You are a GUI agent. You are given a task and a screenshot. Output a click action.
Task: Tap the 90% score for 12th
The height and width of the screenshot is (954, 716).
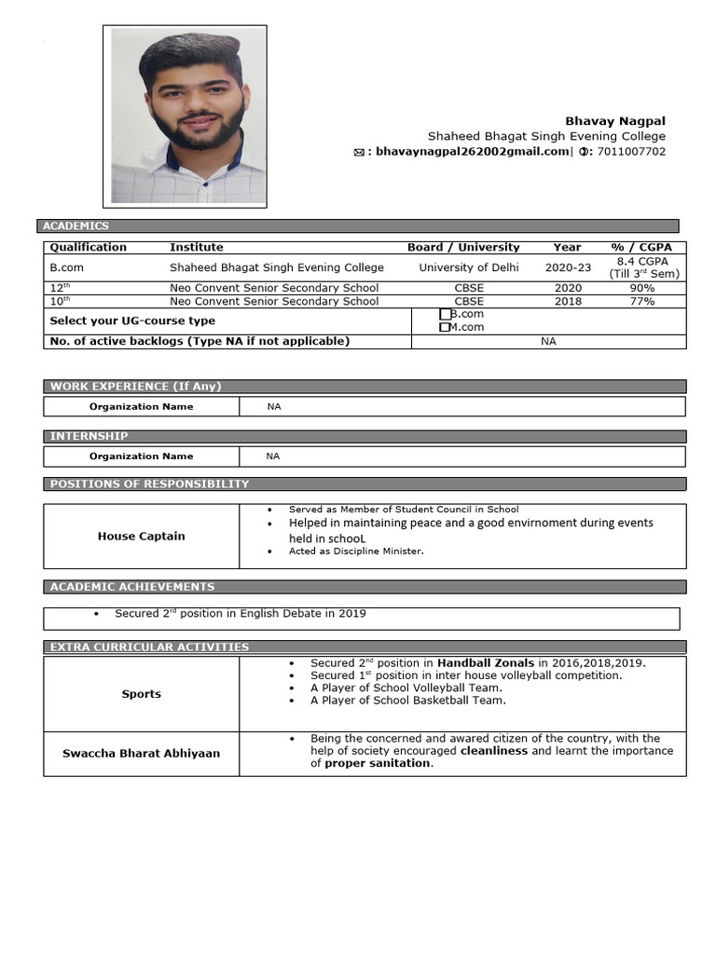642,288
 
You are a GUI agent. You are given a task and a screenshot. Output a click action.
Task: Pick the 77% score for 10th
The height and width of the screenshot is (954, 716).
642,301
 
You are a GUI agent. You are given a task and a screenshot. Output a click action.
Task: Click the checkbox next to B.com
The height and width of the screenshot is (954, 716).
445,315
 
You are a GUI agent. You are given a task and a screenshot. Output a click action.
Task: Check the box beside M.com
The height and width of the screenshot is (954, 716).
445,327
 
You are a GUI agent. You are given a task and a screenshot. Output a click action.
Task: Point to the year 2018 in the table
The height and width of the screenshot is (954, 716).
567,301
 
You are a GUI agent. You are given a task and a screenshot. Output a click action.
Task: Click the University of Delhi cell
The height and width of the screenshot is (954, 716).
469,267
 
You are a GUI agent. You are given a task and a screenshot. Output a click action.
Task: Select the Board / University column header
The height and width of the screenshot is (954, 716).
463,247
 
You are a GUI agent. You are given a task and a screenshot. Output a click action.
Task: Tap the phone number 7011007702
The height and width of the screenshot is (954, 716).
631,152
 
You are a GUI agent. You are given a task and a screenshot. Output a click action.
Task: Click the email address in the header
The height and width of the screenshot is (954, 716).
472,152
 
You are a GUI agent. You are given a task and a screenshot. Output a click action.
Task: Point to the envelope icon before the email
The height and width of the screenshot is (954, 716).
359,153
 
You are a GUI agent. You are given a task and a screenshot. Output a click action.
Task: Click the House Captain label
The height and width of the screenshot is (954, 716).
141,536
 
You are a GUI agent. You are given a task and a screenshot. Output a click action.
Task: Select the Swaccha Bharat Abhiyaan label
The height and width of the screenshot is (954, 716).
141,753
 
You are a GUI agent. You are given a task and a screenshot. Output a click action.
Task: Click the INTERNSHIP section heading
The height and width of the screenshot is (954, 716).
89,436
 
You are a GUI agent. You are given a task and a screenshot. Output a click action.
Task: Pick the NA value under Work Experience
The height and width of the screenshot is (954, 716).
273,407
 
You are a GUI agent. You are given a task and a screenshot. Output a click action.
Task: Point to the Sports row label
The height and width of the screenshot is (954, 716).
141,694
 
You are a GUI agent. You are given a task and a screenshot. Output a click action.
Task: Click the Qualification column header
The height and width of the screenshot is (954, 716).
88,247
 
